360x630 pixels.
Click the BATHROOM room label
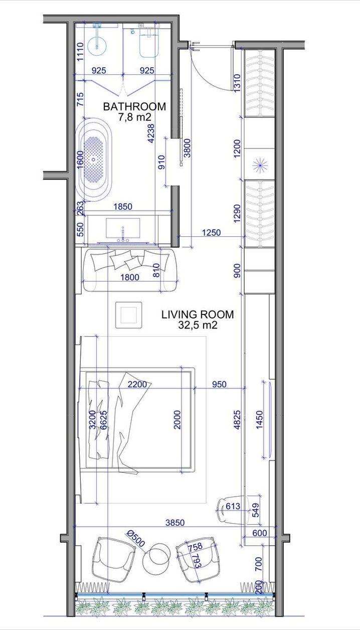(x=134, y=107)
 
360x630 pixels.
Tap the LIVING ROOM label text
(x=198, y=314)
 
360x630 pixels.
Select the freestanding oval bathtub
(x=94, y=160)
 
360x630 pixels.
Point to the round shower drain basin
(x=97, y=44)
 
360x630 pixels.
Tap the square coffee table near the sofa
(x=129, y=315)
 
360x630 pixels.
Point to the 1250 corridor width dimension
(x=211, y=233)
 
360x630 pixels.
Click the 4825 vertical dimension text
(x=238, y=420)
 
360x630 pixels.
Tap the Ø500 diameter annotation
(x=136, y=538)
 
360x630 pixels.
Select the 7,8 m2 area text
(x=134, y=117)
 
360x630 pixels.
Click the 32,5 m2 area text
(x=198, y=325)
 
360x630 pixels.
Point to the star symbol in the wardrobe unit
(x=260, y=166)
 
